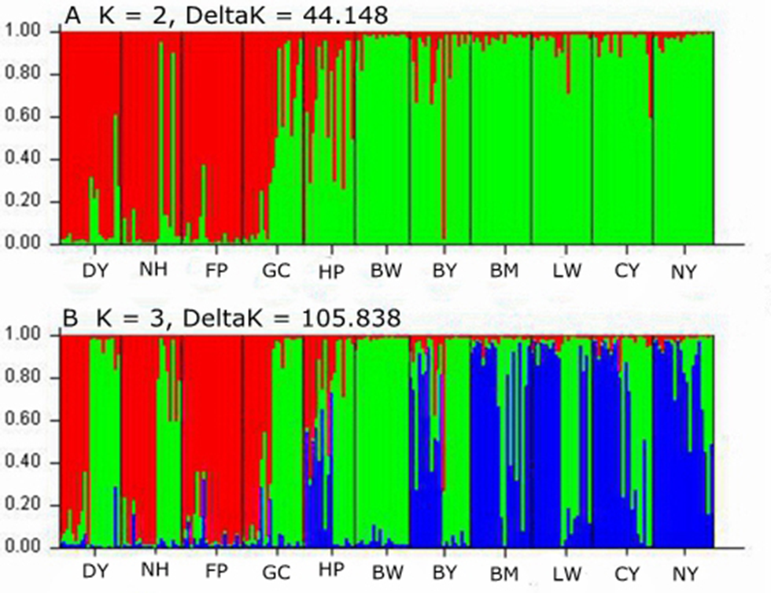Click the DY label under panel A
pyautogui.click(x=95, y=271)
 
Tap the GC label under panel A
pyautogui.click(x=277, y=271)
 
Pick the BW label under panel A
pyautogui.click(x=386, y=271)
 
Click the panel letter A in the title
pyautogui.click(x=72, y=14)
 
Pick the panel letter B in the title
pyautogui.click(x=72, y=318)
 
